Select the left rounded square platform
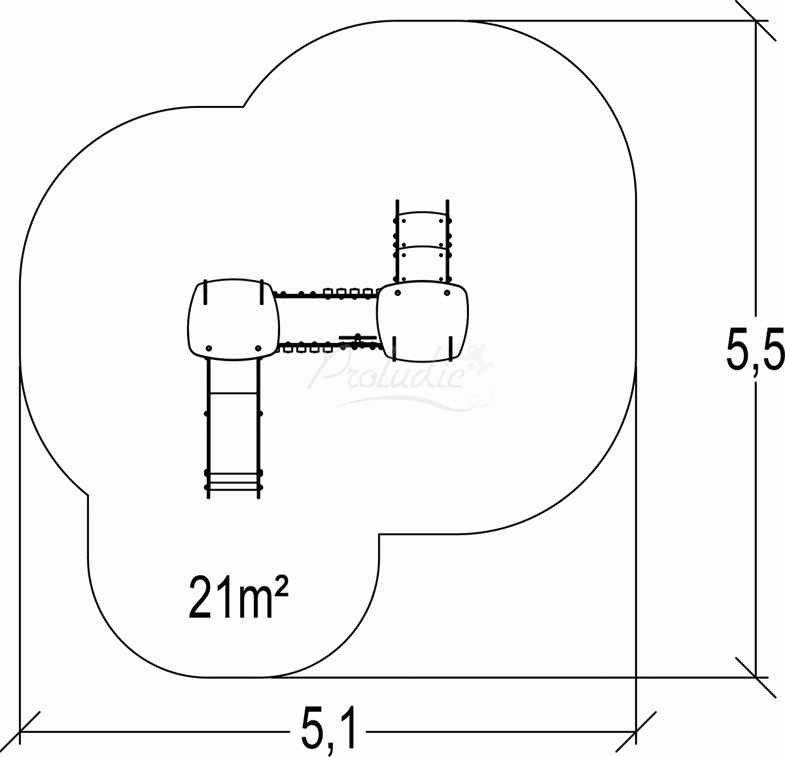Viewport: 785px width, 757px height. tap(234, 319)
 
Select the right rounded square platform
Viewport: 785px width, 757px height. tap(423, 321)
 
